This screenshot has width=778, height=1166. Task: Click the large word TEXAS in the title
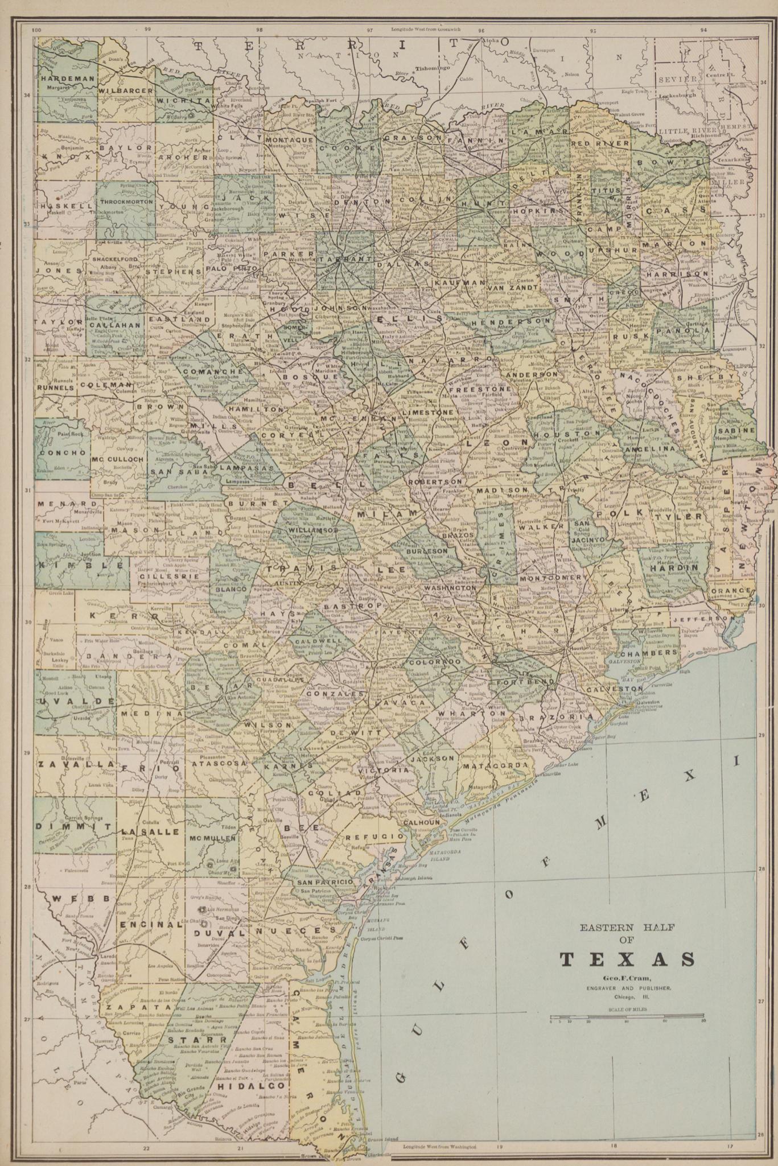coord(627,958)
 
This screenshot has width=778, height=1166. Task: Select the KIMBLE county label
coord(80,565)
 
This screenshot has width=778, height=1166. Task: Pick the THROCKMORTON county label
coord(126,201)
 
